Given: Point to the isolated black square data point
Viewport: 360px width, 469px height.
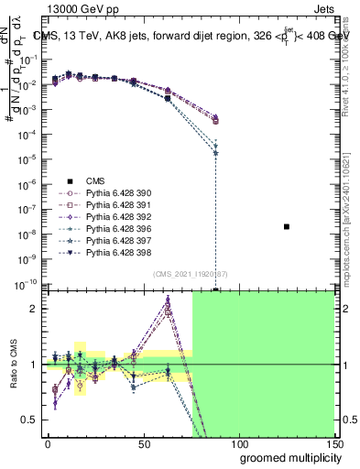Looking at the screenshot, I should tap(287, 226).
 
